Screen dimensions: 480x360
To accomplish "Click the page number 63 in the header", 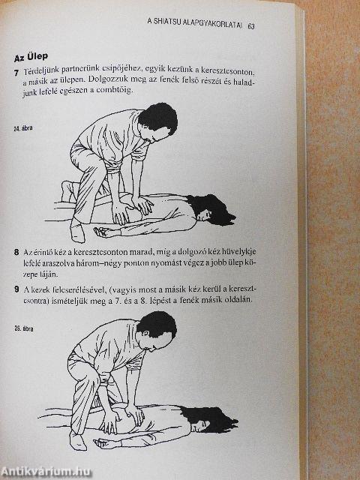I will pyautogui.click(x=250, y=27).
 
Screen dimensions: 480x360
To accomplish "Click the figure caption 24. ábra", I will pyautogui.click(x=25, y=129).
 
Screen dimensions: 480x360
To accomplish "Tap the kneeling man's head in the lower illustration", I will pyautogui.click(x=157, y=326).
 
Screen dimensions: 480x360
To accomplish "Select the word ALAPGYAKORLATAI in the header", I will pyautogui.click(x=212, y=27).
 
